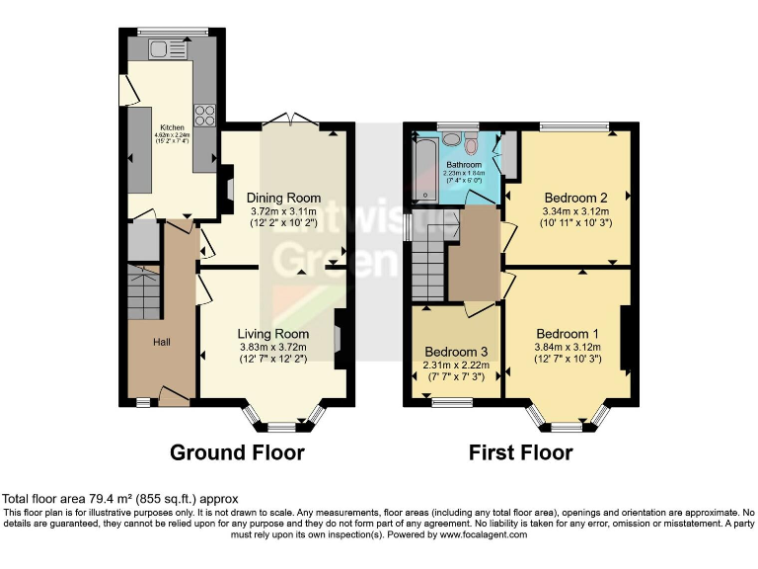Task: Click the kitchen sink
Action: [x=162, y=48]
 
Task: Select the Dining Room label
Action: [x=283, y=198]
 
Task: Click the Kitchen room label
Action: [x=172, y=127]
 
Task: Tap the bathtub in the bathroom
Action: [x=424, y=170]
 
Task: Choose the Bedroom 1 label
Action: [x=568, y=333]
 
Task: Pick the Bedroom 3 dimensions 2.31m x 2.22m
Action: [x=455, y=366]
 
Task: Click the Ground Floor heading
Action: [x=237, y=452]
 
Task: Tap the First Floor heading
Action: [x=520, y=452]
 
